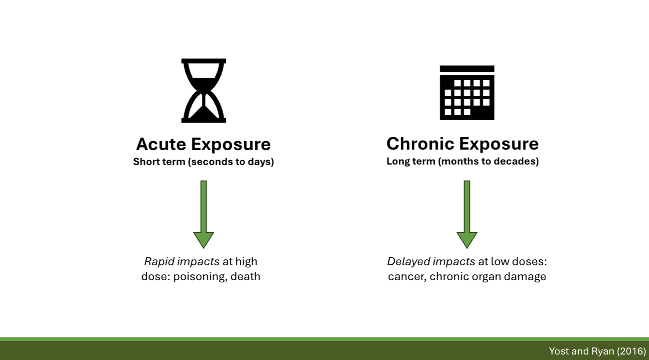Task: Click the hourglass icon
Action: click(203, 90)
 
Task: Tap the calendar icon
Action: click(467, 93)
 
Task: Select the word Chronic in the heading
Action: click(420, 144)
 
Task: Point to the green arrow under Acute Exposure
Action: click(203, 214)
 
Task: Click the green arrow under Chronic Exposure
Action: click(467, 214)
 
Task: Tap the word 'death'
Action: click(245, 276)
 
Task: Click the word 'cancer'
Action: click(405, 276)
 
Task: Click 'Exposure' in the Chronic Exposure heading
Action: click(499, 144)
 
